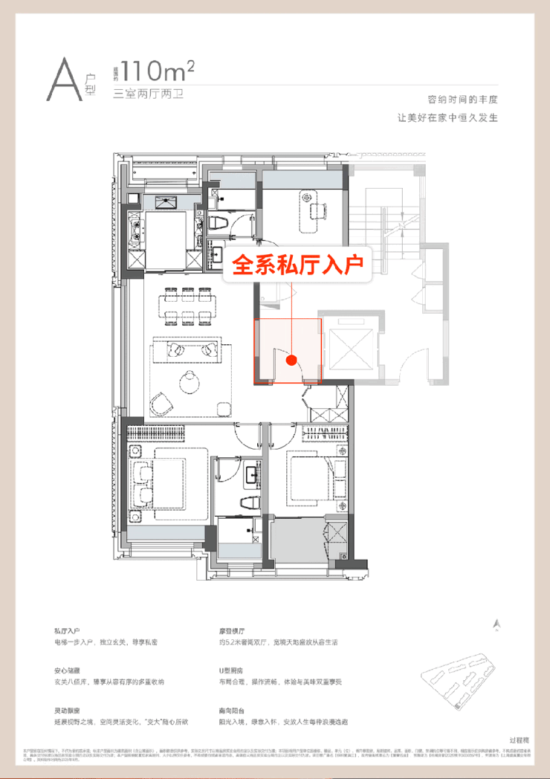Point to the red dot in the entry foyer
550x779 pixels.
[x=292, y=360]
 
